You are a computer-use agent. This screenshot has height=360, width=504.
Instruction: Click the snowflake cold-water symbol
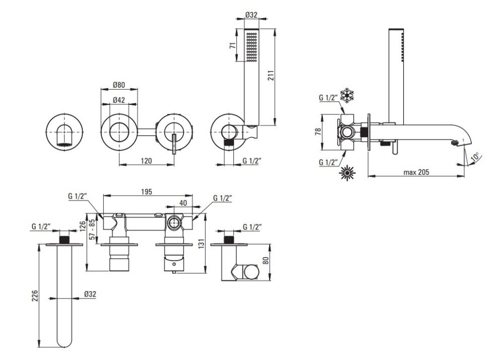347,95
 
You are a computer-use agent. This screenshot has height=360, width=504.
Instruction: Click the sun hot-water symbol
347,172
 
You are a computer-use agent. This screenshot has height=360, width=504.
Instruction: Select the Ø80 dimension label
118,85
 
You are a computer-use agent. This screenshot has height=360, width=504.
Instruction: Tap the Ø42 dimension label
118,100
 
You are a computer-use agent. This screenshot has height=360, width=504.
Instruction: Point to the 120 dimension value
146,160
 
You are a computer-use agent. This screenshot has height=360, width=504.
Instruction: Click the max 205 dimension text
416,172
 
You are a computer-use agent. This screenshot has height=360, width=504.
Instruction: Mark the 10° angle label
474,158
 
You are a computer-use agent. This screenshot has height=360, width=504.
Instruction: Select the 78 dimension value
318,132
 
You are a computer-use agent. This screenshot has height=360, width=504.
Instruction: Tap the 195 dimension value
146,192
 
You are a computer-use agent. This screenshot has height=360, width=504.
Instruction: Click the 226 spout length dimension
35,295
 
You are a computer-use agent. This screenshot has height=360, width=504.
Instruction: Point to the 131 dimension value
202,244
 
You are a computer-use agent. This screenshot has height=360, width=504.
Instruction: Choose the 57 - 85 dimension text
93,229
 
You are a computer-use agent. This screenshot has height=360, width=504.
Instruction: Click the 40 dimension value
183,203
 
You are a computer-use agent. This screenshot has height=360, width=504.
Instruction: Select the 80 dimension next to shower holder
265,260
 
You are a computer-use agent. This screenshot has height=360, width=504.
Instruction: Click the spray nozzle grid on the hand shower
251,46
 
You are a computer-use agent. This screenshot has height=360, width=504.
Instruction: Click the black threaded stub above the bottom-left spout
65,239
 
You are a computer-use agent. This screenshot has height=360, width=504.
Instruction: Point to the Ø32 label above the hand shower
251,15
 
